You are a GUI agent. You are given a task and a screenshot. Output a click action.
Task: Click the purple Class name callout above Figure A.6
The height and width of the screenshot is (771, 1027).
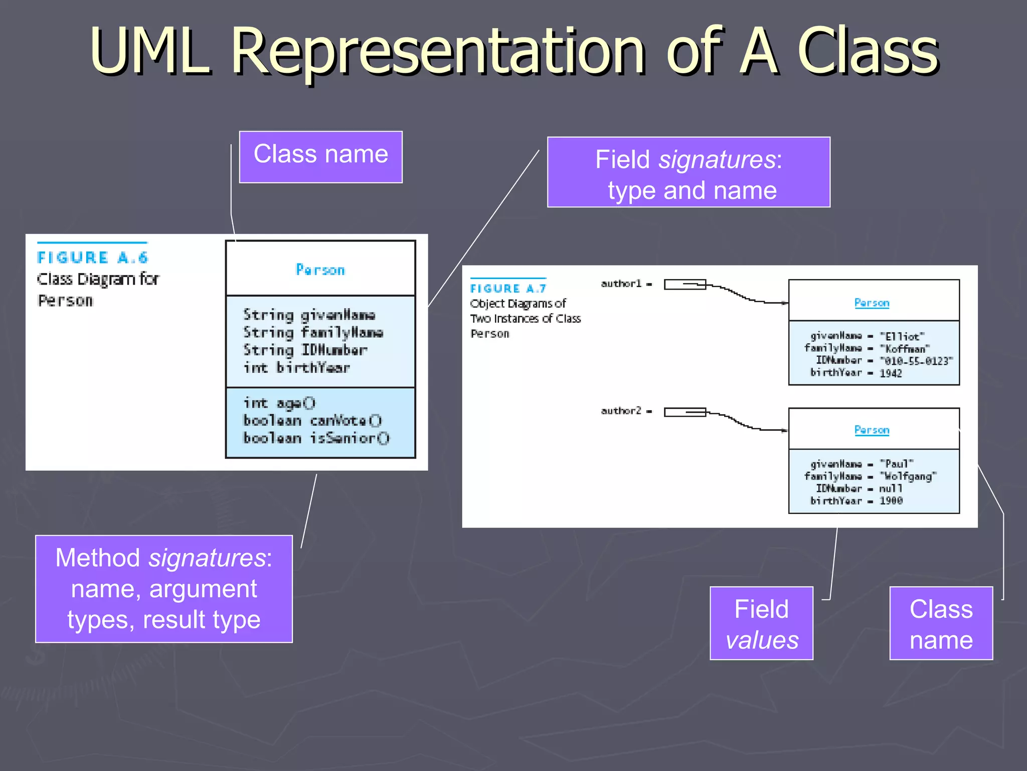click(x=320, y=156)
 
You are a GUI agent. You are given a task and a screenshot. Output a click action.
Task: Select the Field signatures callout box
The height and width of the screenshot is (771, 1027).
click(x=688, y=172)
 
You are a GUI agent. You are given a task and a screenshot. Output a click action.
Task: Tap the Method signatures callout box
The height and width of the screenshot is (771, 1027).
click(x=163, y=588)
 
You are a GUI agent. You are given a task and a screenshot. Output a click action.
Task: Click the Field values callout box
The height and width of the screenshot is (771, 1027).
click(x=761, y=623)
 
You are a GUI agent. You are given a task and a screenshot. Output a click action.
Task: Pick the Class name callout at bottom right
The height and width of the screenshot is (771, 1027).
click(x=941, y=623)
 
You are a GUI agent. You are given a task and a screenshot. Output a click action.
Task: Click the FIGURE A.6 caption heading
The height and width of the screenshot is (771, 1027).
click(x=93, y=258)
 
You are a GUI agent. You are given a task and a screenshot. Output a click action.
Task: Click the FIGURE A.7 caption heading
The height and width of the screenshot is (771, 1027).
click(x=507, y=289)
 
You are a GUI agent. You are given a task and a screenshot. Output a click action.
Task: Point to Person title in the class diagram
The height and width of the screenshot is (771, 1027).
click(x=320, y=270)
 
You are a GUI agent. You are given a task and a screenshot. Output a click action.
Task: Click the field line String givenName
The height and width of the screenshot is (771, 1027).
click(x=309, y=315)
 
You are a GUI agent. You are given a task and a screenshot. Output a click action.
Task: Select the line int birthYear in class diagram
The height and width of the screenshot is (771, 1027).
click(x=296, y=368)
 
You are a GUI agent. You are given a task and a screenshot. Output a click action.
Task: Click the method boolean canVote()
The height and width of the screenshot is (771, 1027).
click(x=312, y=421)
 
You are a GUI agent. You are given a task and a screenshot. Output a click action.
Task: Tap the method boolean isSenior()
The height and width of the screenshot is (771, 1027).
click(x=316, y=438)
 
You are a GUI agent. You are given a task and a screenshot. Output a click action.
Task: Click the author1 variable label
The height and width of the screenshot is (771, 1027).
click(x=621, y=284)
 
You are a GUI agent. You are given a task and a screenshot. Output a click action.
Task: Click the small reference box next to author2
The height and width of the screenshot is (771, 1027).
click(x=684, y=412)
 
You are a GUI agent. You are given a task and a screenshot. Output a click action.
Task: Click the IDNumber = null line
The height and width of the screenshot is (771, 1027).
click(x=859, y=488)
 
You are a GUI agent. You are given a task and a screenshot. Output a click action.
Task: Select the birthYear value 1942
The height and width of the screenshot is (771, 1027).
click(x=891, y=373)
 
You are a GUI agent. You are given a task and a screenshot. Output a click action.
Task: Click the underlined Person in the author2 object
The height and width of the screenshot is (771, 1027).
click(x=872, y=430)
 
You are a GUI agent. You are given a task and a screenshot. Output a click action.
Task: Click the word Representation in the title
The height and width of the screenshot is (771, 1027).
click(x=439, y=51)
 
